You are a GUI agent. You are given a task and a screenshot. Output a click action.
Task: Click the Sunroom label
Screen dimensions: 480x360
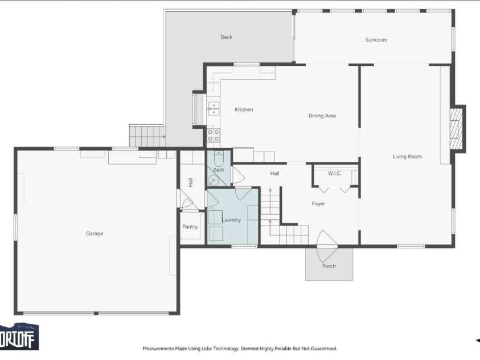coord(376,40)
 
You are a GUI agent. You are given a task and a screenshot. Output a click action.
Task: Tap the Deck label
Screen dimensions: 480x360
coord(226,37)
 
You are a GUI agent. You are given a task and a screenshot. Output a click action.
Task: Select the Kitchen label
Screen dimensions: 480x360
coord(244,109)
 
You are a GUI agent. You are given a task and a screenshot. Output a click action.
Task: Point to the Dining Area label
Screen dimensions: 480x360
coord(322,116)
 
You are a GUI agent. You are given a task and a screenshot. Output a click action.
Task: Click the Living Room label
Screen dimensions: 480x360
coord(407,157)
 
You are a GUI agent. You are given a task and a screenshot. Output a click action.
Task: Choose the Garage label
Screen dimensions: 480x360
coord(95,234)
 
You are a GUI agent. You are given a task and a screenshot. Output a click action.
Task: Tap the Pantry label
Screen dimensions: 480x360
coord(190,227)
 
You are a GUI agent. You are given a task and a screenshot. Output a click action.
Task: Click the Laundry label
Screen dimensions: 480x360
coord(231,220)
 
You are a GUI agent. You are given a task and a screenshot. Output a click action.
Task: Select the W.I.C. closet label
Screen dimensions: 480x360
coord(335,173)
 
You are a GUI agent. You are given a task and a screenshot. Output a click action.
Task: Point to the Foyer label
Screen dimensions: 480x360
coord(318,203)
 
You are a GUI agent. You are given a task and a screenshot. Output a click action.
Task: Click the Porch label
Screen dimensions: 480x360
coord(329,266)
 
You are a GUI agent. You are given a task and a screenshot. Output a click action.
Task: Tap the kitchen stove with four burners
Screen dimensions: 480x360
coord(214,136)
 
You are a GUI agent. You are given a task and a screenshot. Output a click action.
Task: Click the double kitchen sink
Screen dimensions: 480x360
coord(214,109)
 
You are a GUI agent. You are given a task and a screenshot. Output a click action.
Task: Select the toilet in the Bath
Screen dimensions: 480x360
coord(219,158)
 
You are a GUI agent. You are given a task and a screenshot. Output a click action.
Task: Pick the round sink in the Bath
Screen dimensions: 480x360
coord(214,181)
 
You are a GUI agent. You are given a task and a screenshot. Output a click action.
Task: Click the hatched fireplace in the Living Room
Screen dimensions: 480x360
coord(456,128)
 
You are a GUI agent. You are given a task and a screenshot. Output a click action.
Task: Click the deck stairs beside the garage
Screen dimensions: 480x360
coord(147,136)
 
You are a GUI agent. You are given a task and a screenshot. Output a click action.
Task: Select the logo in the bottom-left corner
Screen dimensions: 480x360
coord(19,337)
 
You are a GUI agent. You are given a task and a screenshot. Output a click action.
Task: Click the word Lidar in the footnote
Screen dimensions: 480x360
coord(208,349)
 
